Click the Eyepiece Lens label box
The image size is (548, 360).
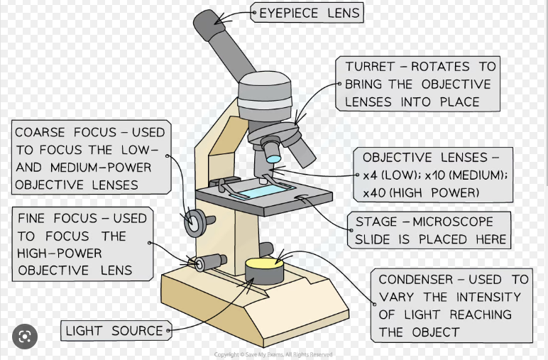(306, 13)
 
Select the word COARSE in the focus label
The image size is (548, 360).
(40, 133)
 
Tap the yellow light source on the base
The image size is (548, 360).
(264, 265)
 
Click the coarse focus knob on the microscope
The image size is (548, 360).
(193, 222)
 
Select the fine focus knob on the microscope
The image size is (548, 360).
(202, 263)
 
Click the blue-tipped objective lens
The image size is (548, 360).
(273, 151)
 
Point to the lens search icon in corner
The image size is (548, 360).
(25, 336)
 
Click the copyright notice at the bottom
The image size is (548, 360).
(273, 354)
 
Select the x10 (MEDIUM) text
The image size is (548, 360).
(466, 175)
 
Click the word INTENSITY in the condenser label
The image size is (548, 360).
(483, 297)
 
